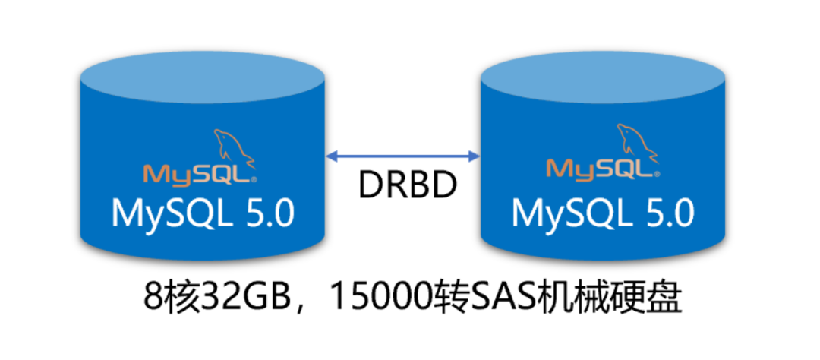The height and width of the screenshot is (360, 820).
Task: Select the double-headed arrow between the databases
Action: point(402,156)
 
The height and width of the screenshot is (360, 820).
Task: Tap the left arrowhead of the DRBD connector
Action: point(331,156)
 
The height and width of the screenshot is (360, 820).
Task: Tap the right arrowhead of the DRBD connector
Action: point(475,156)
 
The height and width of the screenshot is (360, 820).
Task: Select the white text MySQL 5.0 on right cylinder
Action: point(603,213)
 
